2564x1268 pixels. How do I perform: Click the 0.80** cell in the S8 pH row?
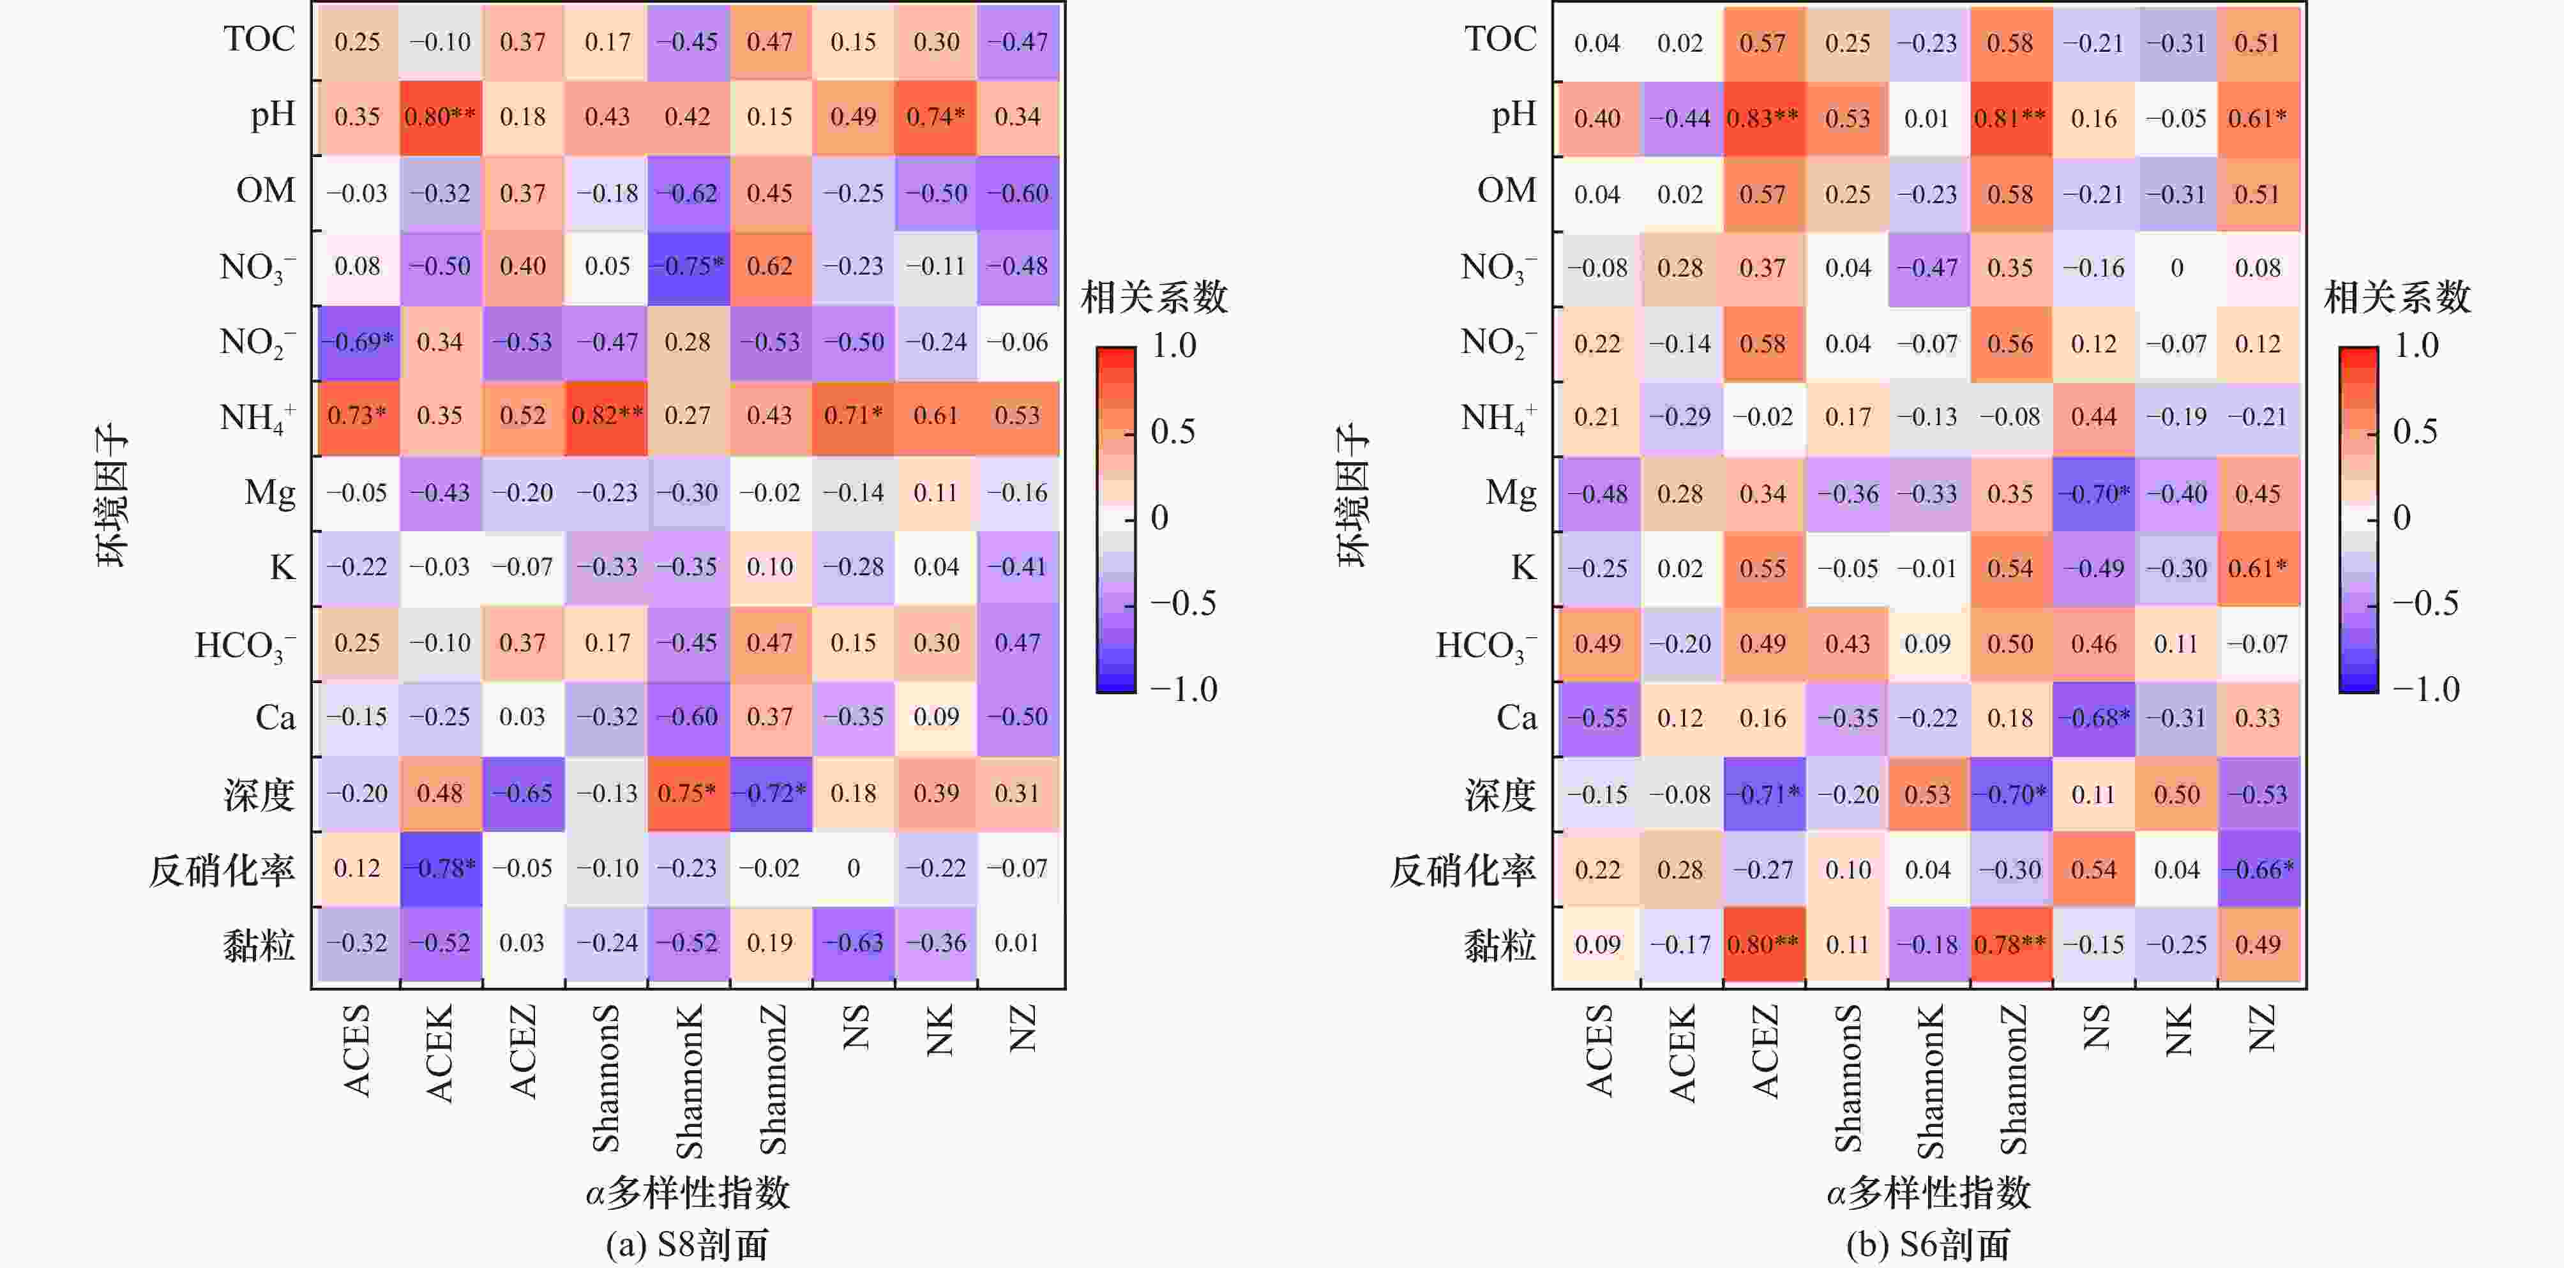pyautogui.click(x=440, y=116)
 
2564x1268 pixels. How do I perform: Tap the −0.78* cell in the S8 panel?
pyautogui.click(x=440, y=868)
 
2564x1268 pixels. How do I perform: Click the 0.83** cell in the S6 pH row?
pyautogui.click(x=1763, y=119)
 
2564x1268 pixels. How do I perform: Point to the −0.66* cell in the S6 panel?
pyautogui.click(x=2258, y=869)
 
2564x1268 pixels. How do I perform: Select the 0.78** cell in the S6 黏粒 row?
pyautogui.click(x=2010, y=944)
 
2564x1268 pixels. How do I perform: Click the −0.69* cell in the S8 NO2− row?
pyautogui.click(x=358, y=342)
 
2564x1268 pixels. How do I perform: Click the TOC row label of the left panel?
pyautogui.click(x=259, y=40)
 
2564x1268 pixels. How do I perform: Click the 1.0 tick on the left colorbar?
pyautogui.click(x=1173, y=346)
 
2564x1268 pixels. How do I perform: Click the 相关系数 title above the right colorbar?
pyautogui.click(x=2397, y=298)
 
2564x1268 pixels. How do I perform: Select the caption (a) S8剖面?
pyautogui.click(x=687, y=1244)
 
